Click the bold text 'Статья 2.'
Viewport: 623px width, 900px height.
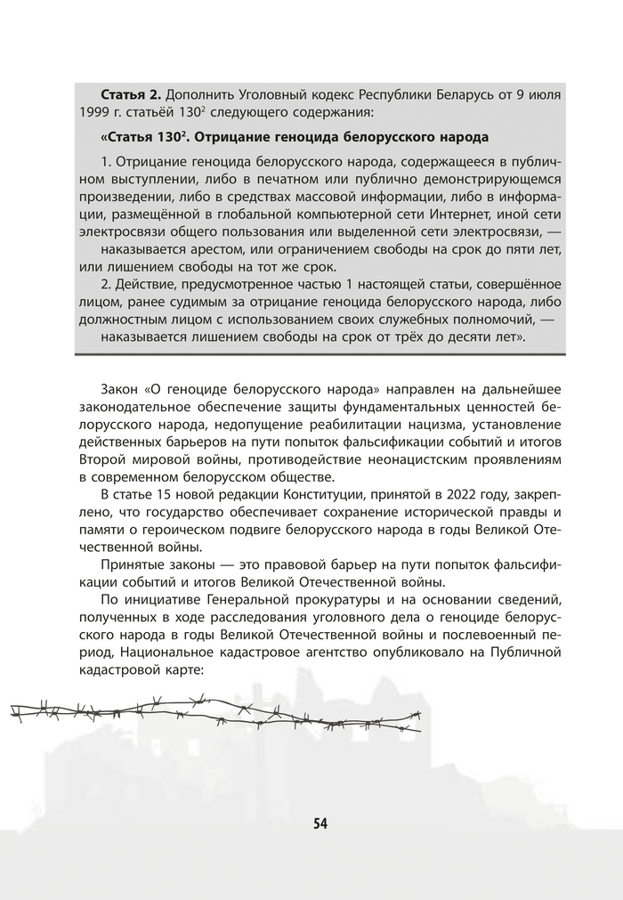click(130, 93)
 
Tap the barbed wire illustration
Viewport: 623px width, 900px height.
click(214, 712)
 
